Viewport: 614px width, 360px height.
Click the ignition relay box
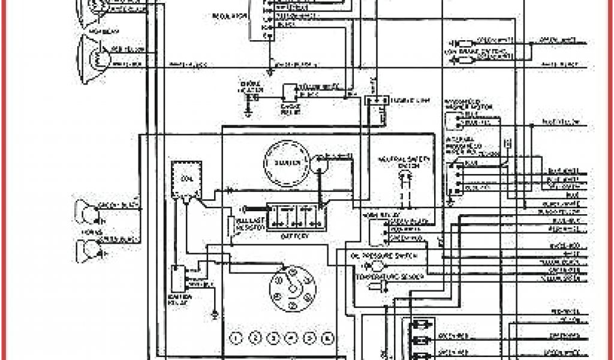178,278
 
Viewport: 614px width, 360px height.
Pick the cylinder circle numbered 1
237,337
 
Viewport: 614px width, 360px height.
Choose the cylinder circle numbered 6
327,337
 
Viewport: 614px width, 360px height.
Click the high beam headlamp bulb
97,57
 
